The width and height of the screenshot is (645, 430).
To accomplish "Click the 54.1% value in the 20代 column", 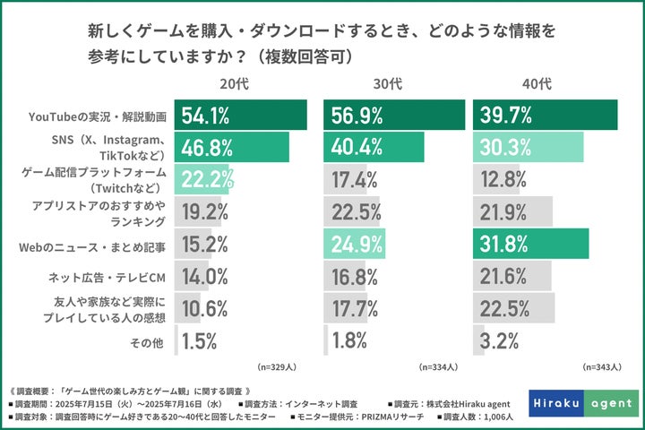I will (x=206, y=115).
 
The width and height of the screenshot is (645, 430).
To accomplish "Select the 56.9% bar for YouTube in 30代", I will (x=394, y=115).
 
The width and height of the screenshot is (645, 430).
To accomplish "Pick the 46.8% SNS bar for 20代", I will (x=231, y=146).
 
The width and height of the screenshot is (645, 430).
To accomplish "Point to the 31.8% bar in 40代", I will (x=530, y=244).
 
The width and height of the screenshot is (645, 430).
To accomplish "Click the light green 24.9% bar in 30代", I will (x=354, y=244).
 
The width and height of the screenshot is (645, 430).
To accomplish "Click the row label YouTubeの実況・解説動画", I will (x=97, y=116).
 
